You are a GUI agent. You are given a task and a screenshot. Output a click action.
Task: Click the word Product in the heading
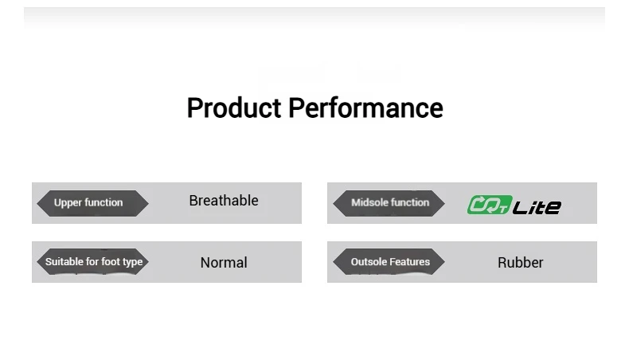click(234, 108)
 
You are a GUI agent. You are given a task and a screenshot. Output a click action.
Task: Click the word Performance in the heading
click(365, 108)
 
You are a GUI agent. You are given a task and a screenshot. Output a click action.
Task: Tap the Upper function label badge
click(92, 203)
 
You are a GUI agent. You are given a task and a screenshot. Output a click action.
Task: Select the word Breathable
click(224, 201)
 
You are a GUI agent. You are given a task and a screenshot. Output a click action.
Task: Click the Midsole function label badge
click(389, 203)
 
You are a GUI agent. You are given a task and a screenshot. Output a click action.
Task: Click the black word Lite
click(537, 207)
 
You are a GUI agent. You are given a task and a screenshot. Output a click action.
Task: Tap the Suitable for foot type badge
click(92, 262)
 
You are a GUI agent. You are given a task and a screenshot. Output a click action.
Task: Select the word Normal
click(224, 263)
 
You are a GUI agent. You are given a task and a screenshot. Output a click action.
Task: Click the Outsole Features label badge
click(389, 262)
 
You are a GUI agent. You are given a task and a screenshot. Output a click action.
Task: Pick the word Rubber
click(520, 263)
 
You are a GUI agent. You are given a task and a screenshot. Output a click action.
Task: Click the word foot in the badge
click(111, 262)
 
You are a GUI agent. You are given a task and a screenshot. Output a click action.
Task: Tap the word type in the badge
click(132, 263)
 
